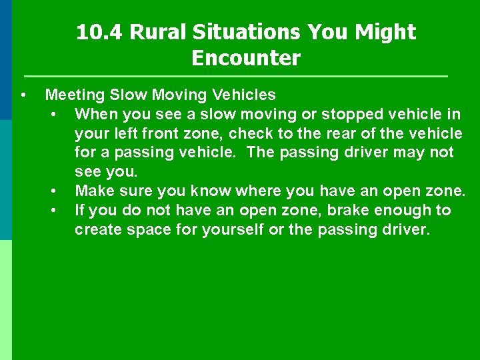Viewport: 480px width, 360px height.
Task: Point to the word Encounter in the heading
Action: [x=246, y=58]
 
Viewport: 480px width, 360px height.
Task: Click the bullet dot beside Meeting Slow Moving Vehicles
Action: [x=23, y=95]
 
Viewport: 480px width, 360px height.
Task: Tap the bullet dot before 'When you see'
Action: [x=53, y=114]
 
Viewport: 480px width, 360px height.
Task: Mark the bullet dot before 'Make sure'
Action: [x=53, y=191]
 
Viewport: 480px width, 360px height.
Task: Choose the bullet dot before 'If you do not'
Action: [x=53, y=211]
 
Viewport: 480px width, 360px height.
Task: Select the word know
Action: [x=209, y=191]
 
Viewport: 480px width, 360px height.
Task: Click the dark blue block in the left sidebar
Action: [x=6, y=60]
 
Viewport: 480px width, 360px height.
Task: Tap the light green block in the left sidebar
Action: [x=6, y=300]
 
